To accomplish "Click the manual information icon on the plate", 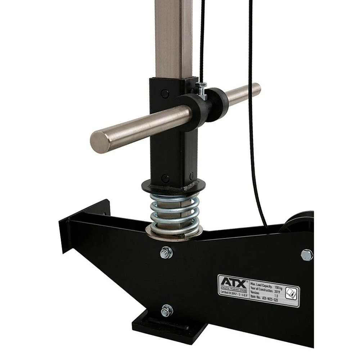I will tap(291, 293).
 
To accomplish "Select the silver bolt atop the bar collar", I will tap(202, 86).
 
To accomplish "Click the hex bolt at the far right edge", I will tap(307, 255).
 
